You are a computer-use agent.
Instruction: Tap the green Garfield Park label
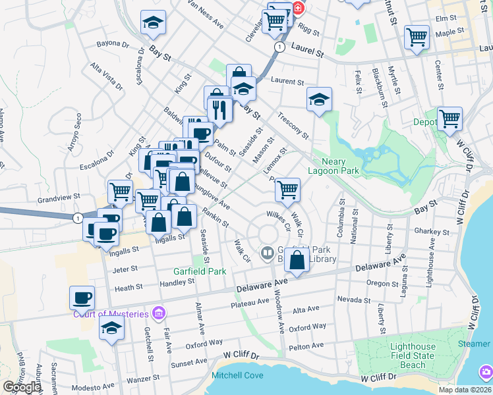coord(200,271)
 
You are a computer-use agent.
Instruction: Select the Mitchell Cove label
coord(237,376)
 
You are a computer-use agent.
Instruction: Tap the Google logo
coord(21,387)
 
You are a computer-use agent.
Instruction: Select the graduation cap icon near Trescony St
coord(319,100)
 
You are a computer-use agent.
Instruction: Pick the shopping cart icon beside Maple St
coord(417,38)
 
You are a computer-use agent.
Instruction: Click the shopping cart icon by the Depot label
coord(449,119)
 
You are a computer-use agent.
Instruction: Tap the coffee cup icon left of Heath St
coord(82,298)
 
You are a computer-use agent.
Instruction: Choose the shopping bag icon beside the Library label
coord(297,261)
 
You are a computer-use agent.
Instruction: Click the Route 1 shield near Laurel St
coord(280,47)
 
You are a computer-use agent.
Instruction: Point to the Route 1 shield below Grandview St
coord(79,218)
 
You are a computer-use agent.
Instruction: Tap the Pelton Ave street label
coord(306,346)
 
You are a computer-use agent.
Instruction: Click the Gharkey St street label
coord(432,232)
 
